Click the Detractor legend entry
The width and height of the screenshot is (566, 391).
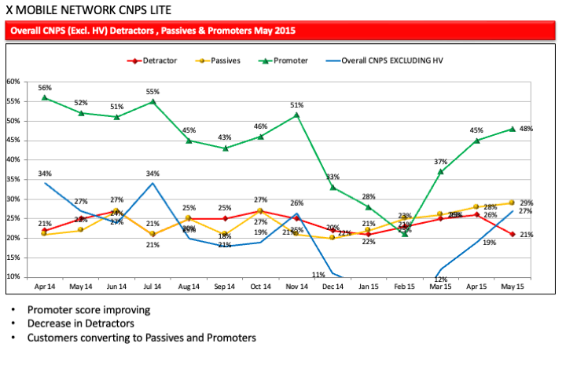point(157,60)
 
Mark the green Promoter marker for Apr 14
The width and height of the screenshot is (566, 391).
point(45,97)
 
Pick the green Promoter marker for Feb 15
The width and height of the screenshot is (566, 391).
point(405,233)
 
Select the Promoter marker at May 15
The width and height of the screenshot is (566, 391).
point(512,128)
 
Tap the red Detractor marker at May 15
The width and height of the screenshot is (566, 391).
point(512,234)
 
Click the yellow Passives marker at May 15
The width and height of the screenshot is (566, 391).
point(512,203)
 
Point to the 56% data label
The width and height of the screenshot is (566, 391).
point(45,87)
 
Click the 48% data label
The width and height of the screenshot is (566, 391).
point(527,129)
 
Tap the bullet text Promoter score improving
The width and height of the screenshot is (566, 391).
point(89,309)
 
